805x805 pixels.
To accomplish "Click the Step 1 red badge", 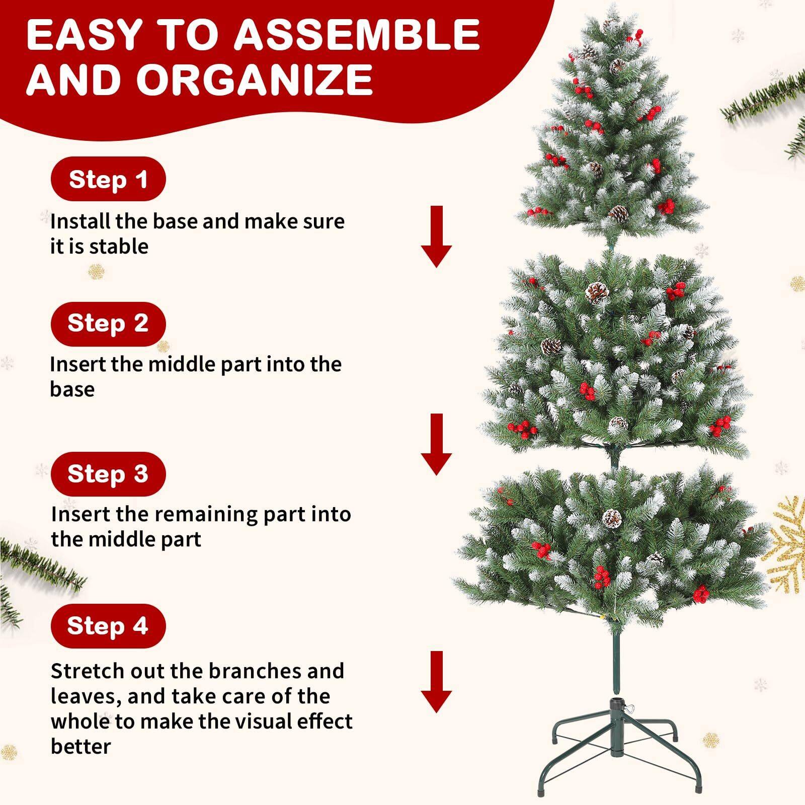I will pos(108,179).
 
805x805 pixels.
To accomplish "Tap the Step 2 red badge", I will pos(108,324).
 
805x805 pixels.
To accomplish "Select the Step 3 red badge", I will pos(108,474).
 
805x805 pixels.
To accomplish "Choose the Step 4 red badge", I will pos(108,626).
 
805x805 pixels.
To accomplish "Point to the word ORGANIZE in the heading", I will pos(255,79).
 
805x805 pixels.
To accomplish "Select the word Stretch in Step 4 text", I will pos(87,671).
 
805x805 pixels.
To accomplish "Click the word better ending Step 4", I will pos(80,747).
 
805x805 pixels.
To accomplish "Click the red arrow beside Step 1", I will pos(436,236).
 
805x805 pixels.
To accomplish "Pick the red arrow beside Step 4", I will pos(436,682).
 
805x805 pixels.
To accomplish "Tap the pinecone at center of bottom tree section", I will pos(612,518).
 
